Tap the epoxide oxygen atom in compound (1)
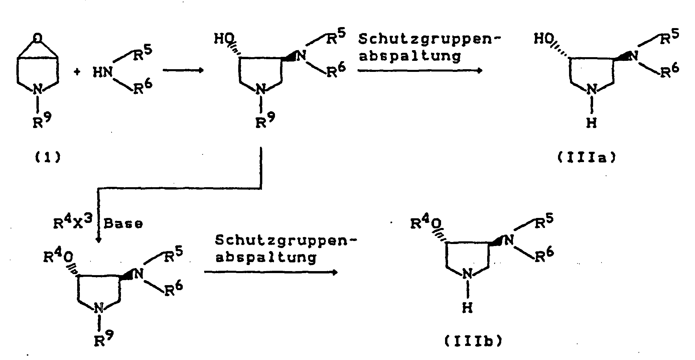point(38,39)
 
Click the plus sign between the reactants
point(77,72)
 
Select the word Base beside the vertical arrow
point(123,223)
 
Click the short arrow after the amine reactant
point(183,71)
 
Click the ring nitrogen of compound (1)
point(38,90)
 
